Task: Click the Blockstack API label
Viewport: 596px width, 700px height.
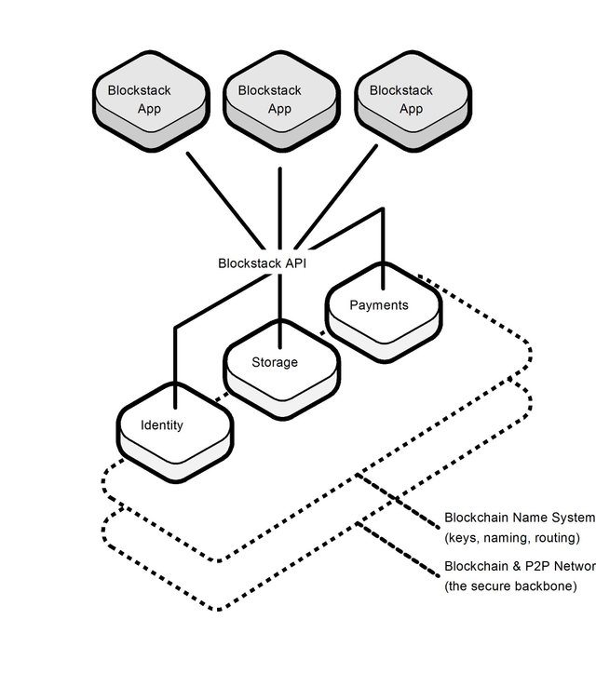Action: tap(262, 262)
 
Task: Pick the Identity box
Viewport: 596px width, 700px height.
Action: tap(175, 433)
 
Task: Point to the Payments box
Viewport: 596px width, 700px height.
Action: tap(383, 313)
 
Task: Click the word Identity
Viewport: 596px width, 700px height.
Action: tap(162, 425)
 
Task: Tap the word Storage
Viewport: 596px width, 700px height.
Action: tap(275, 361)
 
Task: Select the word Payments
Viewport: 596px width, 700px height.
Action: tap(379, 304)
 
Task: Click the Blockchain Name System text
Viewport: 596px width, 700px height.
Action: tap(518, 518)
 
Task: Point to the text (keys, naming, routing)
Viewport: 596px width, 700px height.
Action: tap(512, 538)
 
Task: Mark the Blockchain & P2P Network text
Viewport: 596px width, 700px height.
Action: tap(518, 566)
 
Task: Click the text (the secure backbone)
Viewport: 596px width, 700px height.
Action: tap(510, 586)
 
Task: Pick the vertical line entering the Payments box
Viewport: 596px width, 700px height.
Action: tap(383, 247)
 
